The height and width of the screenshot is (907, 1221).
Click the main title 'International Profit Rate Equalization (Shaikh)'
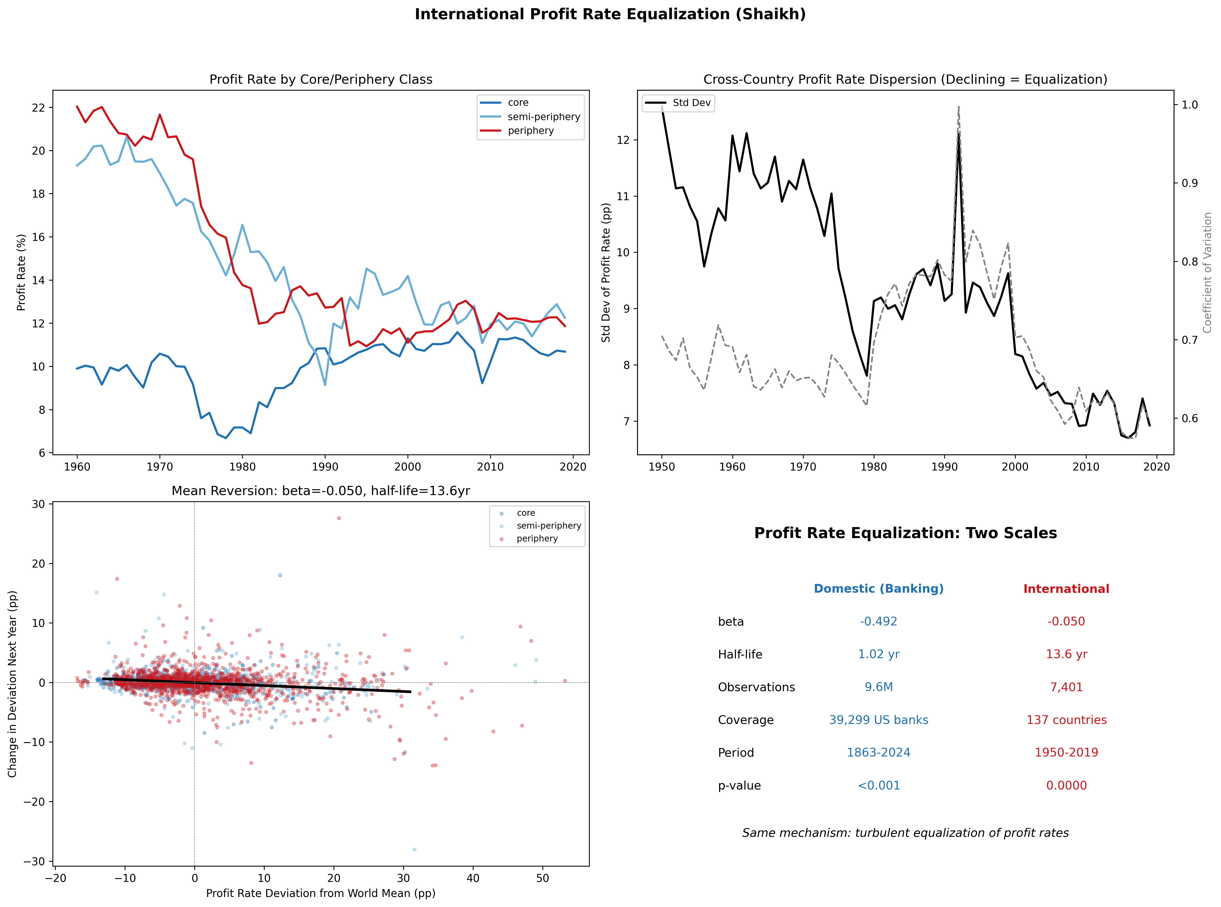pos(610,14)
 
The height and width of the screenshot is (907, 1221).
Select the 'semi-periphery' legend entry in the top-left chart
pos(543,116)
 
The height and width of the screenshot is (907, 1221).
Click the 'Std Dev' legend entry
pos(691,103)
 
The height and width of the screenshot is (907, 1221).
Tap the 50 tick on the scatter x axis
pos(542,878)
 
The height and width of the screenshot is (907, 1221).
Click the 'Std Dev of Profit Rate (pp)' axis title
pos(606,272)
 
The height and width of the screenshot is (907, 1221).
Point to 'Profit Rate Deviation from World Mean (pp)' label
pos(321,893)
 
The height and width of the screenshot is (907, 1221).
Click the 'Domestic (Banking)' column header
pos(879,589)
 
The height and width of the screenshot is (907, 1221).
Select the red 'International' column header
pos(1066,589)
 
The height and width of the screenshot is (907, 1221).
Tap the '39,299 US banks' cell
pos(879,720)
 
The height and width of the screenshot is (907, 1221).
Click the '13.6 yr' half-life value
pos(1066,654)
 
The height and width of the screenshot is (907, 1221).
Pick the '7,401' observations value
pos(1066,687)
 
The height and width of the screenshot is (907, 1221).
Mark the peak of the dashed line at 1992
pos(959,106)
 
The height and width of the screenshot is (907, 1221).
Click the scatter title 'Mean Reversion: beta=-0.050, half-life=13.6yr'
pos(321,491)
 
